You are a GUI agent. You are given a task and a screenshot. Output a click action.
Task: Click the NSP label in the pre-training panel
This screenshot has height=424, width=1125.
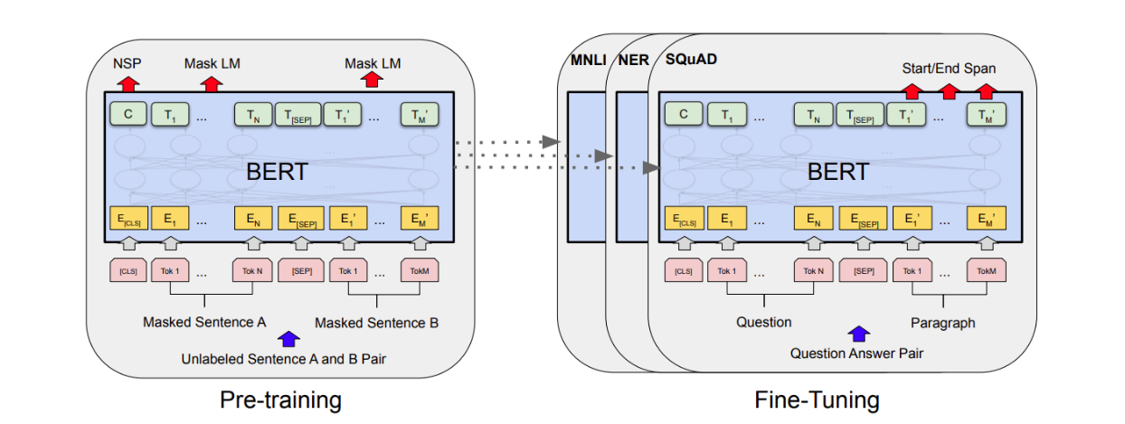click(128, 63)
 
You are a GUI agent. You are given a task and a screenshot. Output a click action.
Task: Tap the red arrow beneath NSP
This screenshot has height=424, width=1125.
click(128, 83)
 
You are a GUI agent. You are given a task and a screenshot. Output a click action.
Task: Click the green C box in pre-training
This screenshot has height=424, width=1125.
click(128, 115)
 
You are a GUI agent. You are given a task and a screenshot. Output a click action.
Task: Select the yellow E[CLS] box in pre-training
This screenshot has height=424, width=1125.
click(128, 218)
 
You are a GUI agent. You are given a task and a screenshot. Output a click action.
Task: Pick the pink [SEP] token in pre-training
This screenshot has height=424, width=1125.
click(302, 270)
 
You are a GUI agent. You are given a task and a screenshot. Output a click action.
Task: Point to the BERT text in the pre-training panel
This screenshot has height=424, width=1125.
click(277, 171)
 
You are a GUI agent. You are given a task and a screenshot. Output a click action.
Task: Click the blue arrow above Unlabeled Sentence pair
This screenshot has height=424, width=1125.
click(288, 340)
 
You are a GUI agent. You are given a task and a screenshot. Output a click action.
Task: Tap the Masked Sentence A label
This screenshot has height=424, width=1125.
click(203, 322)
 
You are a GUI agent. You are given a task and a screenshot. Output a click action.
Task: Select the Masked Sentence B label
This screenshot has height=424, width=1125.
click(376, 322)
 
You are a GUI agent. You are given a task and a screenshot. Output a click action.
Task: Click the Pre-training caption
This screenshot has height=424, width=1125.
click(280, 400)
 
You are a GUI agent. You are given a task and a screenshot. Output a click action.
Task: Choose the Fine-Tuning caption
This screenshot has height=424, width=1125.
click(817, 400)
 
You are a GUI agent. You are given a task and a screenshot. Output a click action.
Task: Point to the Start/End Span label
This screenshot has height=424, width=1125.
click(949, 68)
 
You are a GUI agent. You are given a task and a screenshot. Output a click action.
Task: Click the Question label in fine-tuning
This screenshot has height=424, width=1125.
click(763, 322)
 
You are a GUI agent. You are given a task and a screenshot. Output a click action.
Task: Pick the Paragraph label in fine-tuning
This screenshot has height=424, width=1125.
click(943, 322)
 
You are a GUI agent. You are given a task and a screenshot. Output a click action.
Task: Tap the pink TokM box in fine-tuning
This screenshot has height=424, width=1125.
click(985, 270)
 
